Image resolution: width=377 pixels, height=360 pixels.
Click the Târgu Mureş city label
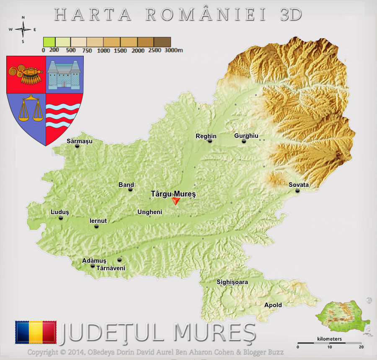173,194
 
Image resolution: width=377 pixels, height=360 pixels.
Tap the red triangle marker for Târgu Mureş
176,201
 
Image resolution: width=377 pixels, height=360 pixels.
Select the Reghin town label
206,136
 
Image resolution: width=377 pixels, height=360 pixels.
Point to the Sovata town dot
297,191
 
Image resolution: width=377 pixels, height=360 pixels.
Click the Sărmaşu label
80,141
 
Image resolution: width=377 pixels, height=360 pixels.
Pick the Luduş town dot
61,218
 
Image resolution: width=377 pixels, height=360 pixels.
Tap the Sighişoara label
232,282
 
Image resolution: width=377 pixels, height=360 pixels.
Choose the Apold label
273,305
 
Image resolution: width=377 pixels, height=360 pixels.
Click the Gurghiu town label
246,136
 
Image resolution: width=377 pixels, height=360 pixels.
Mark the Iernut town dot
96,226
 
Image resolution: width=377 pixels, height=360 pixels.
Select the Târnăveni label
111,268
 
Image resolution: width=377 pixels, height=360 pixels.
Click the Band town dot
130,189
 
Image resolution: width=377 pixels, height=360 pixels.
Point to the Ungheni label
150,212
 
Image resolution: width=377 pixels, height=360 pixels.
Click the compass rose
23,29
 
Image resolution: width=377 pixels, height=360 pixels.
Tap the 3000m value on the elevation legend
174,51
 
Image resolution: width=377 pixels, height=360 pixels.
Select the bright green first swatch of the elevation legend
49,41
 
